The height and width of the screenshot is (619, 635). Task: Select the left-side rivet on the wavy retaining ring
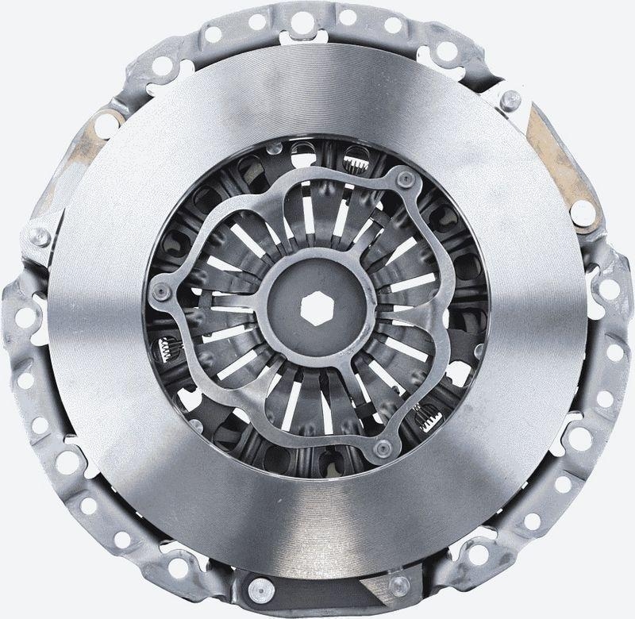[162, 290]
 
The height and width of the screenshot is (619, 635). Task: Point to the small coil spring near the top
[354, 165]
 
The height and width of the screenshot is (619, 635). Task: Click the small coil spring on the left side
[167, 346]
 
